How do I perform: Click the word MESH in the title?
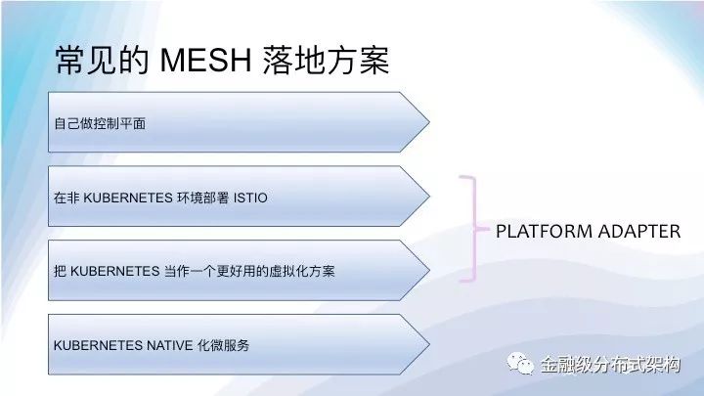click(205, 61)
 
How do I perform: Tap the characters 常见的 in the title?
click(103, 61)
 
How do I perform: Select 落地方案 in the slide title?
click(326, 61)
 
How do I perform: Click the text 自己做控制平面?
click(100, 123)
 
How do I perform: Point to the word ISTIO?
click(250, 198)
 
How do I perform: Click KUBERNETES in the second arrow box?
click(128, 198)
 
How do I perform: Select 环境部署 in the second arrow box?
click(203, 198)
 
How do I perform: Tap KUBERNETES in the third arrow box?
click(115, 271)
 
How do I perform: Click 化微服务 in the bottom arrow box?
click(224, 345)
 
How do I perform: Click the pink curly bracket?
click(474, 229)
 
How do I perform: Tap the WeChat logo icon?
click(520, 363)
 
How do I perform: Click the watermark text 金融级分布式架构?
click(610, 364)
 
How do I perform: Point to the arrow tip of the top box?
click(429, 121)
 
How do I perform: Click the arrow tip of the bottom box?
click(429, 344)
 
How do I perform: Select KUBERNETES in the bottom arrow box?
click(99, 345)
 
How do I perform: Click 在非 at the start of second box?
click(66, 198)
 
